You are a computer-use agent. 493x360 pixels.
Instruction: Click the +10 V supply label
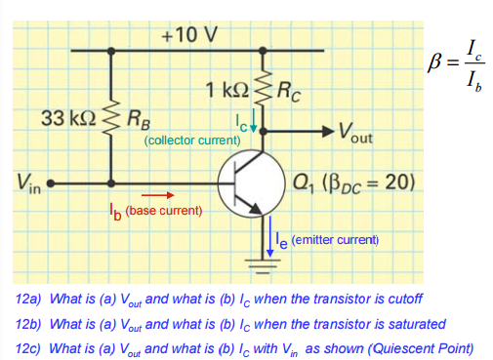click(189, 36)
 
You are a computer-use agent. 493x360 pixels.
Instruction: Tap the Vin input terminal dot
click(51, 182)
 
